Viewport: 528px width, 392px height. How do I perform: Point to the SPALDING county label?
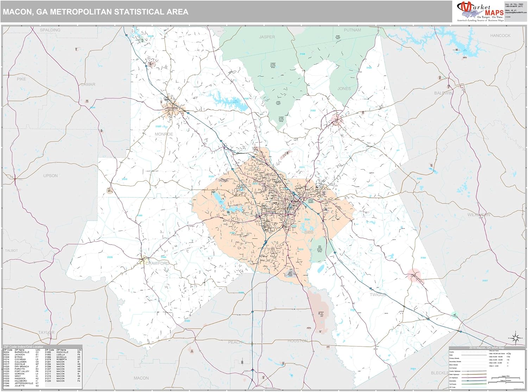50,30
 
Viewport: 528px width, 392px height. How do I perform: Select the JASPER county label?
267,37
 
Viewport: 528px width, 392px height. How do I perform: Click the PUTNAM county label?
352,30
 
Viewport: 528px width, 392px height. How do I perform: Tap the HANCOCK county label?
500,36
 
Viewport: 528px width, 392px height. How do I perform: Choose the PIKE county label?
21,79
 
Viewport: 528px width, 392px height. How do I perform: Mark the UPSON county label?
50,176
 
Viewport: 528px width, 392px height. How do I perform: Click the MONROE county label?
164,134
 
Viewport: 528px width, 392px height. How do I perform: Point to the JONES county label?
344,89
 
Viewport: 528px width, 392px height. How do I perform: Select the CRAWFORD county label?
157,263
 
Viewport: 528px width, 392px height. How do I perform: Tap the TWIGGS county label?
378,295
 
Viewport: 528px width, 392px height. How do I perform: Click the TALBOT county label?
11,251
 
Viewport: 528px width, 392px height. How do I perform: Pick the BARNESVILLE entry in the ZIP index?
22,352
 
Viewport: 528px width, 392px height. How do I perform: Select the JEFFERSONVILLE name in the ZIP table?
24,384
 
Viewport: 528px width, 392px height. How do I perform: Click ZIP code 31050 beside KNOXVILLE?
48,352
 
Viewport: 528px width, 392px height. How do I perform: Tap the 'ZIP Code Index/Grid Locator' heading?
23,347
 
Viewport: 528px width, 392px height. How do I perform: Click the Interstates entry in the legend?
453,381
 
